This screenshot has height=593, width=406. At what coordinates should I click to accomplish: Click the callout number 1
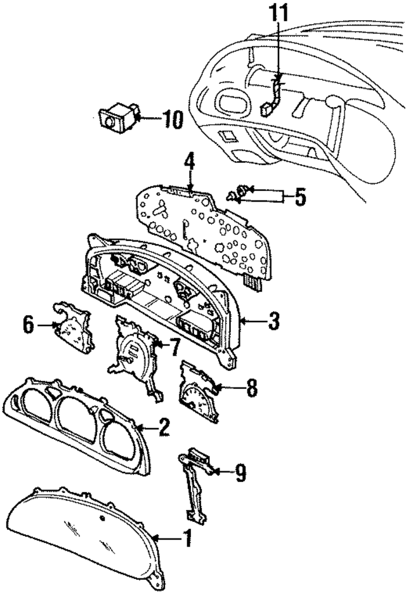187,540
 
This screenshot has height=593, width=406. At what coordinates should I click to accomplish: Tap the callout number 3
273,322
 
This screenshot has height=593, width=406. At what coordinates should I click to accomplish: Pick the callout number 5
300,197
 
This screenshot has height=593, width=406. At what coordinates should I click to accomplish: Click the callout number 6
28,325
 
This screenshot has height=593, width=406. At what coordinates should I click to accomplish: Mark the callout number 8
252,388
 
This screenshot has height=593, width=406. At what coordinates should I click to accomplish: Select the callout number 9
242,472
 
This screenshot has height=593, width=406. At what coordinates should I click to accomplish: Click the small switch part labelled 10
116,118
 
